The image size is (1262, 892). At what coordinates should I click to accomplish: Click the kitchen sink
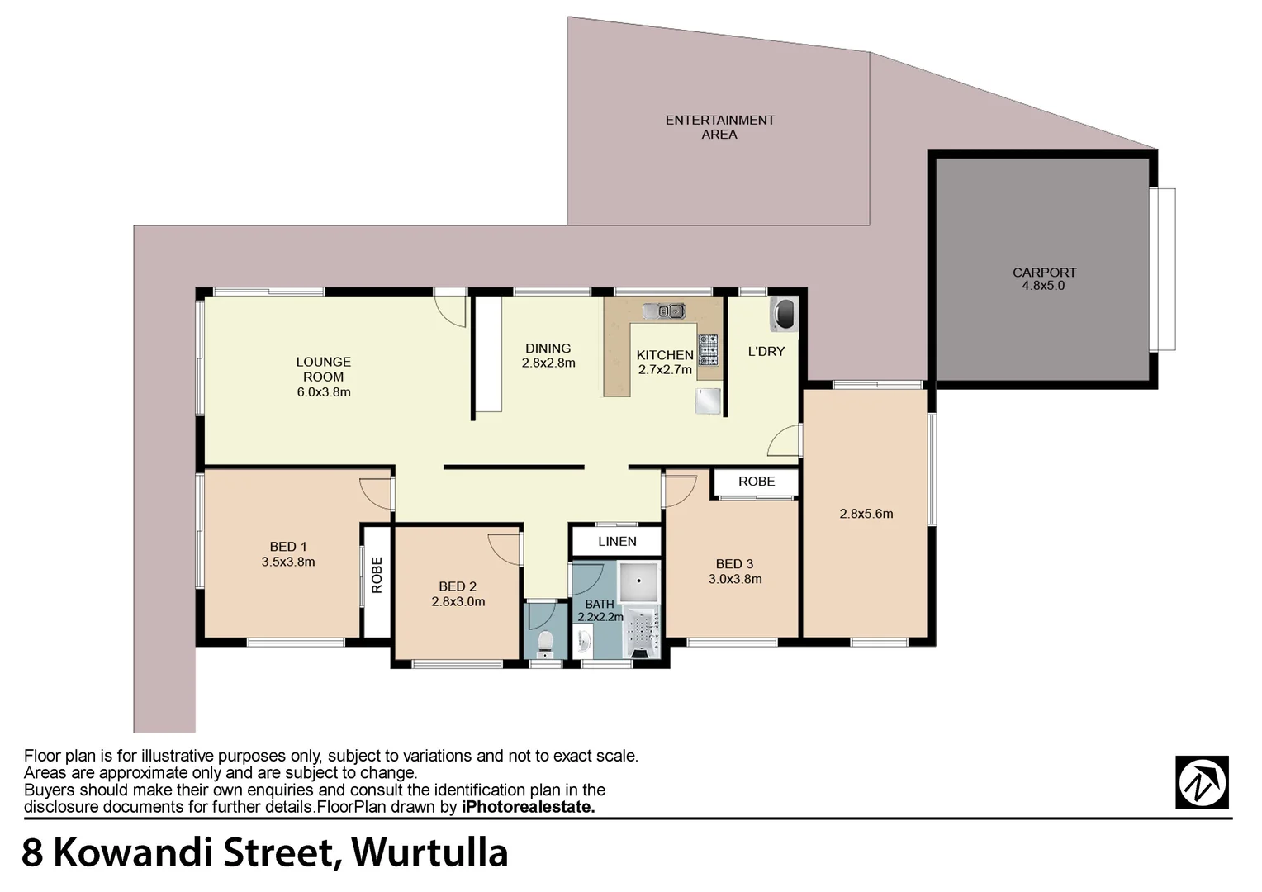pos(664,311)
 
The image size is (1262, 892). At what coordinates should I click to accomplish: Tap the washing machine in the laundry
pos(783,314)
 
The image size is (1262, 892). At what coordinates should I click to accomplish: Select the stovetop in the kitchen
pos(708,349)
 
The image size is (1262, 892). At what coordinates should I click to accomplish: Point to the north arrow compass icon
pos(1202,782)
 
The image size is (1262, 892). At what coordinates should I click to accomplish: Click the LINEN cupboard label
pos(617,542)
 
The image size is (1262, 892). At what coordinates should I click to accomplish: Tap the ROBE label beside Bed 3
pos(757,482)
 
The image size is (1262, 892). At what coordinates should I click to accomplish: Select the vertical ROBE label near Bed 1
pos(377,576)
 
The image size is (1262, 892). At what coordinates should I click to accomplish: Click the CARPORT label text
pos(1044,273)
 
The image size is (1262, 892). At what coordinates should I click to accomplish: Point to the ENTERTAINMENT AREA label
pos(719,127)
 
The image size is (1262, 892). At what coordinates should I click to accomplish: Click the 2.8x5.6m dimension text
pos(866,514)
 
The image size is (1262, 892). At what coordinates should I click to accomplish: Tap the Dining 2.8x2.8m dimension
pos(548,363)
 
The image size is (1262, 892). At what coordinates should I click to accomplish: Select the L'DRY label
pos(766,352)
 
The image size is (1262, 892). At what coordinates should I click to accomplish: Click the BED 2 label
pos(458,587)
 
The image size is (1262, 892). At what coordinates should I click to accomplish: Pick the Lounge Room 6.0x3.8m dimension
pos(324,392)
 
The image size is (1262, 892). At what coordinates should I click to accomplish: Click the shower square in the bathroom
pos(639,581)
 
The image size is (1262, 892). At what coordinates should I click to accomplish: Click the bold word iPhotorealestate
pos(528,808)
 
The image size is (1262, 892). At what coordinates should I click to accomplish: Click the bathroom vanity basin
pos(585,640)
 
